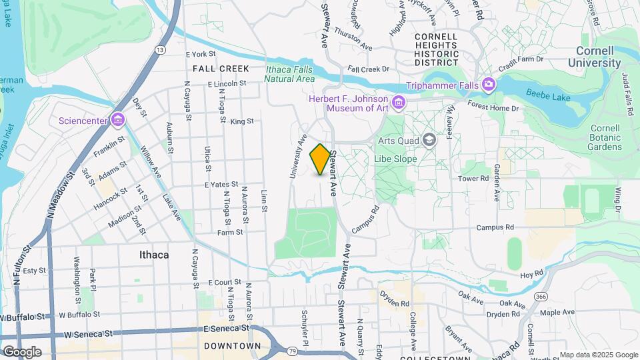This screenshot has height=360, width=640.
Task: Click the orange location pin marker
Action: click(x=320, y=159)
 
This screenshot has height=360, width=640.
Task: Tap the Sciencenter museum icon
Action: click(x=118, y=119)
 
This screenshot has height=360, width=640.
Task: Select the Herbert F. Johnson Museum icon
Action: click(x=399, y=101)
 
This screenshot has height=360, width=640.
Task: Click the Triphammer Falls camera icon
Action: click(x=489, y=85)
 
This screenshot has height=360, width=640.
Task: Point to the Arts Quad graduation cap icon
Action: click(x=429, y=140)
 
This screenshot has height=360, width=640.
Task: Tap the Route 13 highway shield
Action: click(x=160, y=50)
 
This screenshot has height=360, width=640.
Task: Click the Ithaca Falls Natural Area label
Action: click(x=289, y=73)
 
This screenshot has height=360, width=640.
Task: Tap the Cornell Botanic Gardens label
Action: click(x=605, y=137)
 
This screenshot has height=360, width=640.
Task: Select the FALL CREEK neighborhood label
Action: click(x=221, y=69)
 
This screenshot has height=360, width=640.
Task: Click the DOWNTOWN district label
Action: click(x=233, y=346)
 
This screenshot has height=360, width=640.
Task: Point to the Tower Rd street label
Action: click(x=473, y=178)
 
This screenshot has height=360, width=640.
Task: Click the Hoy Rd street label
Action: click(x=532, y=274)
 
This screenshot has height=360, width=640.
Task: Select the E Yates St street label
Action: click(x=221, y=184)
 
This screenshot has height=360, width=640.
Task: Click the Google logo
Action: click(x=21, y=351)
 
